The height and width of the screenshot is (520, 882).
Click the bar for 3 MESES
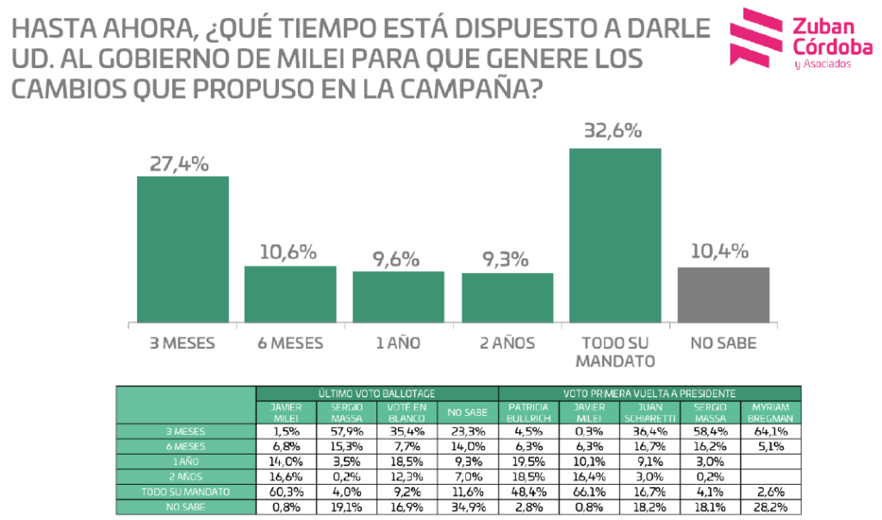click(183, 249)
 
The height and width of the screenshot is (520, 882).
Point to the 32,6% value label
click(615, 131)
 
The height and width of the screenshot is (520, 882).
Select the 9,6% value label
click(398, 258)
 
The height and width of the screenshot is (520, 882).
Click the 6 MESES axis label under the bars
click(290, 343)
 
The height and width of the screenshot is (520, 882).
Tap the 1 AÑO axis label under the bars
click(398, 343)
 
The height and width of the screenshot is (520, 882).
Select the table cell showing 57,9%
click(346, 430)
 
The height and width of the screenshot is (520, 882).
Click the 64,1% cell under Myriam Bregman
click(771, 430)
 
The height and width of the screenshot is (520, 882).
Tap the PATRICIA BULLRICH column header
click(528, 411)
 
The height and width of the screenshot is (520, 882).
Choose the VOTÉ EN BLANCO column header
click(407, 411)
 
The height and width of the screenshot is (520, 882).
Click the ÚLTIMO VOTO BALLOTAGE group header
click(376, 393)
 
